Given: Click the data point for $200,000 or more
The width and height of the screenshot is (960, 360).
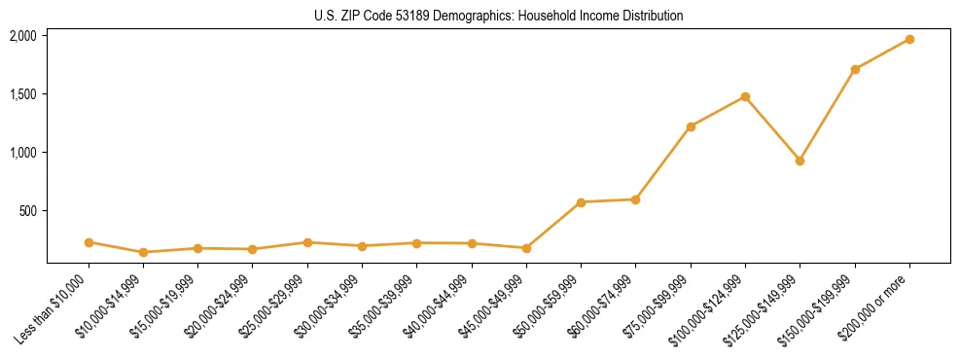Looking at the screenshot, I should click(x=909, y=39).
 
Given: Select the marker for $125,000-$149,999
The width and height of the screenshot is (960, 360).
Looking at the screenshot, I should click(x=800, y=161).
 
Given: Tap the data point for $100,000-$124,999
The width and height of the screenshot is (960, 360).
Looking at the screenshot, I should click(x=745, y=96).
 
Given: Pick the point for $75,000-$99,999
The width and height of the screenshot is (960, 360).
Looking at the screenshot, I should click(x=691, y=126).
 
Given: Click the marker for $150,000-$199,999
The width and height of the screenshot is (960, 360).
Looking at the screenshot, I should click(x=855, y=69).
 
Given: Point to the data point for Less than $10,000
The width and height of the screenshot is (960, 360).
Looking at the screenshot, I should click(x=89, y=242).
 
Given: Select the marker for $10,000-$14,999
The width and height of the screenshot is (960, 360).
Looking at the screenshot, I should click(x=143, y=252).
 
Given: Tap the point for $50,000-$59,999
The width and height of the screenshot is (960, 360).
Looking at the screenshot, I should click(x=581, y=202).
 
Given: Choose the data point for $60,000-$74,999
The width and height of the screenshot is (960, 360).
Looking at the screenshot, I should click(x=635, y=199).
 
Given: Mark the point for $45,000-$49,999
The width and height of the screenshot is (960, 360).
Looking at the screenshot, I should click(x=526, y=248).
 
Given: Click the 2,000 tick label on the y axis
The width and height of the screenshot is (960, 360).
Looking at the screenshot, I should click(x=22, y=36).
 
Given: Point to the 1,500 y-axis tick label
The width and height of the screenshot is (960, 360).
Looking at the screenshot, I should click(x=22, y=94).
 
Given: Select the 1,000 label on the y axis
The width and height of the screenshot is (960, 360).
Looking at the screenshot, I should click(x=22, y=153).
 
